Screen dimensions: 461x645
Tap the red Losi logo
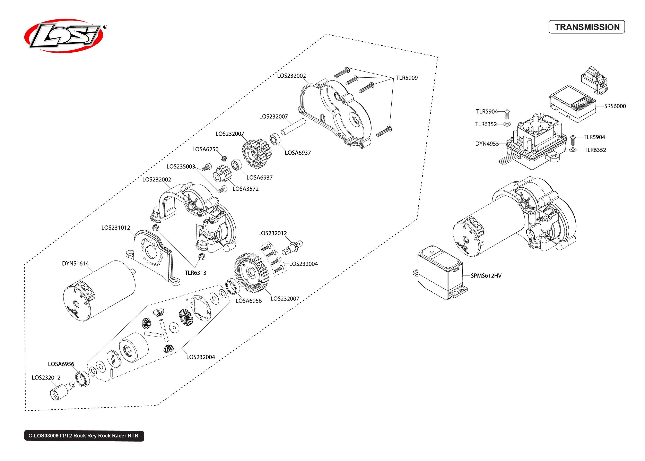[x=64, y=36]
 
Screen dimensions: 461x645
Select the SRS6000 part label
[x=615, y=106]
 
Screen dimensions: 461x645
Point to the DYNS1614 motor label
[x=75, y=263]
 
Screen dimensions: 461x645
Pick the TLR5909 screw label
[x=407, y=78]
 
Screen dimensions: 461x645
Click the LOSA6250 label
[x=205, y=149]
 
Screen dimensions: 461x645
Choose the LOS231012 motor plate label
[x=115, y=228]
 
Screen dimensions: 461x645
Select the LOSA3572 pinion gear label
[x=245, y=189]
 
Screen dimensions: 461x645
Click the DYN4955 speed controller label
[x=487, y=144]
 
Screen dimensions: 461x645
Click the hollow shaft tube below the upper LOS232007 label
[x=293, y=127]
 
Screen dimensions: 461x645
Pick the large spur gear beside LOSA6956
[x=251, y=273]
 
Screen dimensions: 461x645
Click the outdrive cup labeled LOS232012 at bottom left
[x=61, y=391]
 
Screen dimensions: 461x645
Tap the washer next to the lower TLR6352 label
[x=573, y=150]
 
